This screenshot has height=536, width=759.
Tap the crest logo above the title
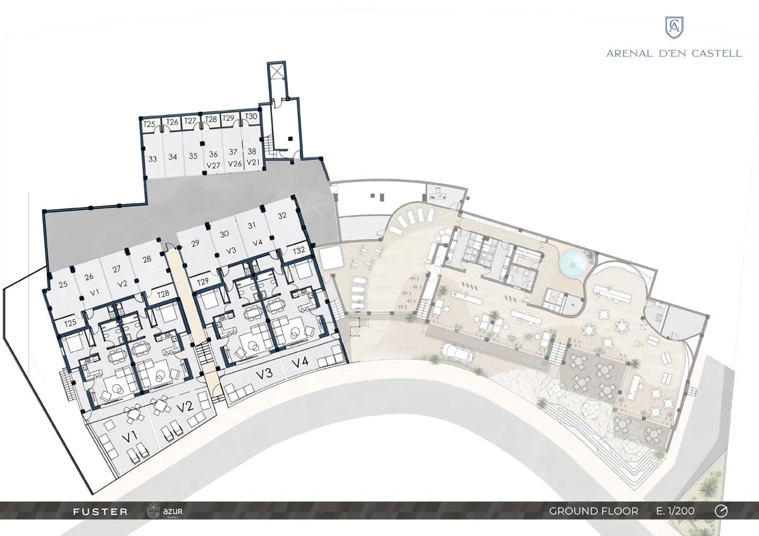point(674,28)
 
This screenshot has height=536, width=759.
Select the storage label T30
point(251,116)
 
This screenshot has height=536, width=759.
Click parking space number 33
point(152,159)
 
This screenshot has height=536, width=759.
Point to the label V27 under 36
point(214,166)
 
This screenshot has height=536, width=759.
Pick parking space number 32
point(282,216)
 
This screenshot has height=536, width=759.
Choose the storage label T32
point(299,250)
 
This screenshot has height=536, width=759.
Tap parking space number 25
point(63,284)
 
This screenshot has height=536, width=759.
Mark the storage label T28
point(163,293)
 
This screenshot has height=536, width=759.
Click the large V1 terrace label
point(129,438)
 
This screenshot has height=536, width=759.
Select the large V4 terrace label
point(300,363)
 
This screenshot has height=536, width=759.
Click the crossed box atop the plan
point(276,71)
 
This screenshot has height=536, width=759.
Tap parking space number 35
point(193,156)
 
